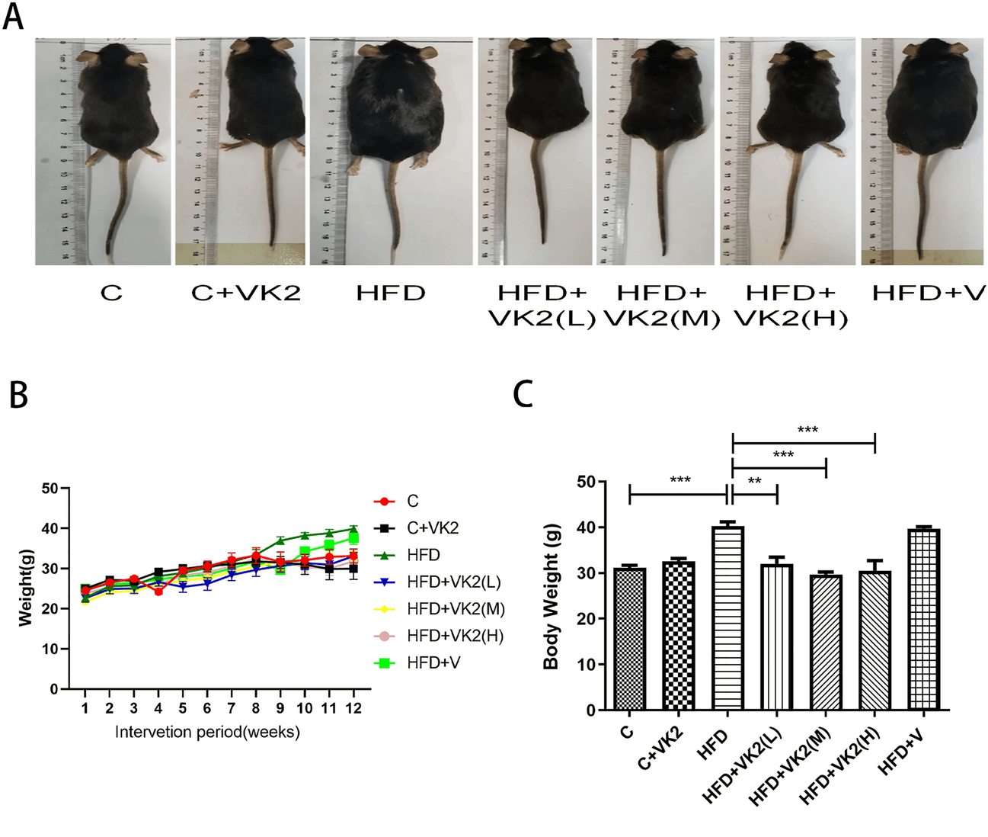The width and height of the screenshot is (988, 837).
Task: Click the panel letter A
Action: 13,16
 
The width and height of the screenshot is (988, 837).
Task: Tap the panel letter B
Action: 18,395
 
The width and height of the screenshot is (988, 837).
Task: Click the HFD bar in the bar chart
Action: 727,618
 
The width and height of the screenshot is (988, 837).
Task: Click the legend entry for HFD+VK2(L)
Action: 453,582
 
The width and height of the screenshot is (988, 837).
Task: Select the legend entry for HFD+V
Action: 433,663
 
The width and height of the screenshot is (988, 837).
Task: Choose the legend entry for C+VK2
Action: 433,528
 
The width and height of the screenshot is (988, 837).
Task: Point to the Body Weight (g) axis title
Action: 551,596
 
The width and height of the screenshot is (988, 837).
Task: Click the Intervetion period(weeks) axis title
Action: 207,733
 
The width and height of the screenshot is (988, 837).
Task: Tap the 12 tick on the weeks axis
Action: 353,708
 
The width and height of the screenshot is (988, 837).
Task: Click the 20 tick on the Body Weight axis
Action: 586,618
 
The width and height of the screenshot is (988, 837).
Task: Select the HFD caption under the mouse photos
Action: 390,293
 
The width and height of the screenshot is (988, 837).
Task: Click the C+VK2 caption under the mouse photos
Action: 245,293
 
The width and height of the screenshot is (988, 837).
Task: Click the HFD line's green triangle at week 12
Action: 353,529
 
